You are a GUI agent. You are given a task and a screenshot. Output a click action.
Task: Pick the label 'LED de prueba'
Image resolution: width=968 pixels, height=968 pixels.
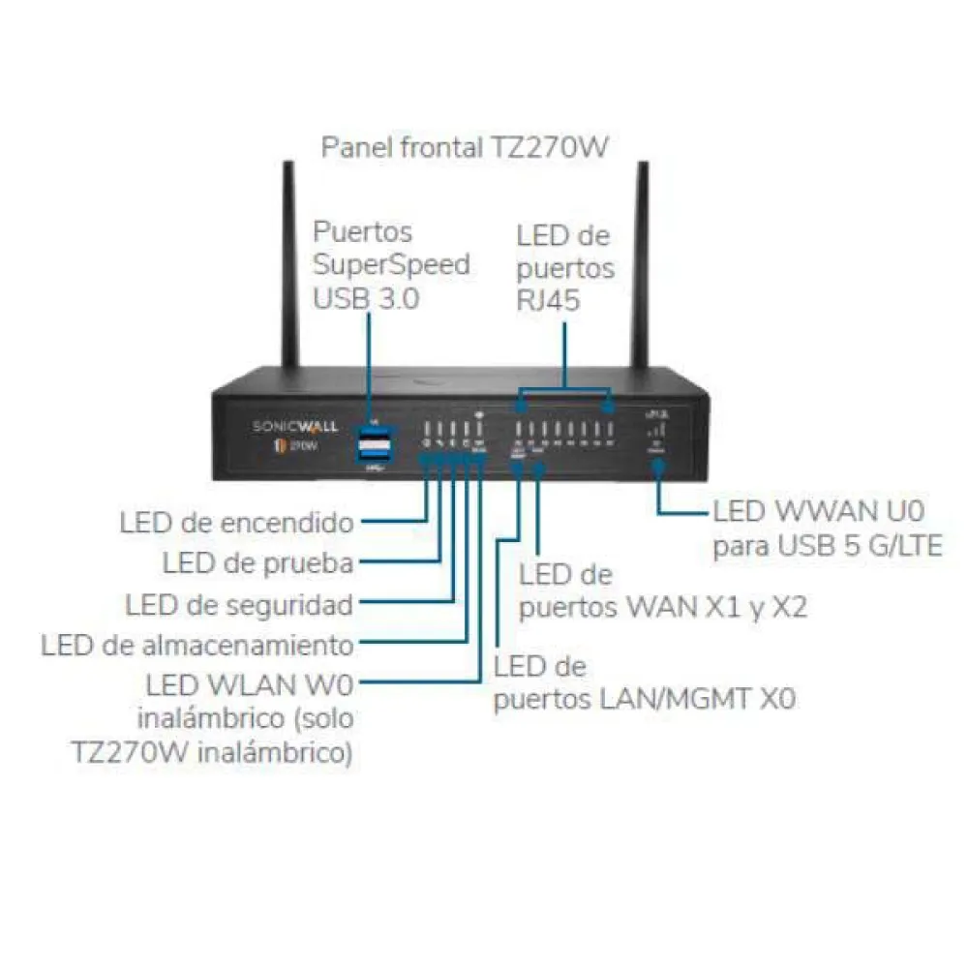[257, 563]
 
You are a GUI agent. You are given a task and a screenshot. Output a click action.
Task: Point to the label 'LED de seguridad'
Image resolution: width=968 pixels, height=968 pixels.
[239, 605]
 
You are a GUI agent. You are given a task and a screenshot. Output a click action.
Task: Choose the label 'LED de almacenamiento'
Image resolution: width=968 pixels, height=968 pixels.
[197, 645]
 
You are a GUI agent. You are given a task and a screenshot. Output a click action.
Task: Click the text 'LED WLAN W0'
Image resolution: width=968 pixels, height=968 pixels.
[250, 685]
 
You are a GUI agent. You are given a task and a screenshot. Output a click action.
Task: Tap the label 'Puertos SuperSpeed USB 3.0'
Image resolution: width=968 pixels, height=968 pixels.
[391, 264]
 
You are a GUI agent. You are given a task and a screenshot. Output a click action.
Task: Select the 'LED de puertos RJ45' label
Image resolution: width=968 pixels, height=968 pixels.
[564, 267]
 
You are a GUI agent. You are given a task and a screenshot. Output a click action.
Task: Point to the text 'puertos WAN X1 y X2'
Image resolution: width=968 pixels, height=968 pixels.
[663, 608]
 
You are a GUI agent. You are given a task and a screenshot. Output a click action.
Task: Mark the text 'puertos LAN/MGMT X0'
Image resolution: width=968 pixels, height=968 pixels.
[645, 699]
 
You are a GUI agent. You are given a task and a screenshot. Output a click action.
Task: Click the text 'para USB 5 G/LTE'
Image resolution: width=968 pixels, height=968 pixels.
[828, 547]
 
